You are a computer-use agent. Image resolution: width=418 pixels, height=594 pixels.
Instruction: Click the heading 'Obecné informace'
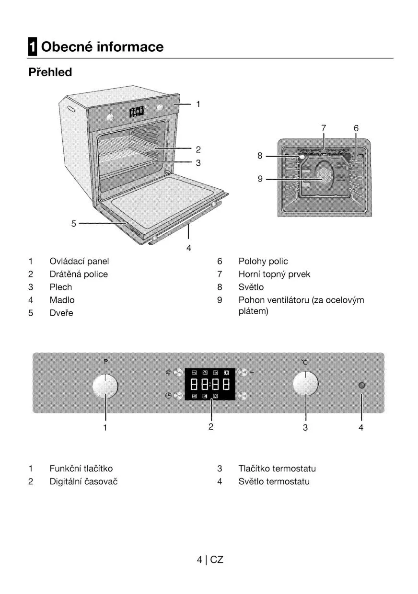[102, 47]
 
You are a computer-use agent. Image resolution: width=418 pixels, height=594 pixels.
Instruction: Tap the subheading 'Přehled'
[50, 72]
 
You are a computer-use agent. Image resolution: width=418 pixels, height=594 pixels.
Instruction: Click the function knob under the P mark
[105, 386]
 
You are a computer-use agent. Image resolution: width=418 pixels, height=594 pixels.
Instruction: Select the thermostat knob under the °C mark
[305, 384]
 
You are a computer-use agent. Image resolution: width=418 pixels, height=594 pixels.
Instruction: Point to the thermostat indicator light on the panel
[361, 386]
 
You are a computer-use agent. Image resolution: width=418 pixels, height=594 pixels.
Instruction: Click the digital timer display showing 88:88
[210, 384]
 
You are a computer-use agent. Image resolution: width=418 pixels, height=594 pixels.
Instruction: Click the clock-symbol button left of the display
[178, 396]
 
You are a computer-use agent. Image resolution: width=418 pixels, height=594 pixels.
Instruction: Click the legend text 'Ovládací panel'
[79, 261]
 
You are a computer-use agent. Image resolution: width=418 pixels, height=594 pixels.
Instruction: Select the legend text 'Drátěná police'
[79, 274]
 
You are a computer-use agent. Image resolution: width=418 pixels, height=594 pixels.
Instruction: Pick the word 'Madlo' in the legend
[62, 300]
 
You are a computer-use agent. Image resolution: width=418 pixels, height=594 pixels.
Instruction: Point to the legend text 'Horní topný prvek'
[274, 274]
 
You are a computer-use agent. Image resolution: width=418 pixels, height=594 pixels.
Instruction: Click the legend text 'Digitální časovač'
[83, 481]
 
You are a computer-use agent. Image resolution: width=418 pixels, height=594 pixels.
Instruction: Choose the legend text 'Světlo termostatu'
[274, 481]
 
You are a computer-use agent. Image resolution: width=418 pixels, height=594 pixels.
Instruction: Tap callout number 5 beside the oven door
[74, 223]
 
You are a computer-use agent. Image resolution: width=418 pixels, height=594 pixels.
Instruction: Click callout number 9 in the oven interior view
[260, 179]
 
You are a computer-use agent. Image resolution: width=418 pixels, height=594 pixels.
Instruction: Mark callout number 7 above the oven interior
[324, 128]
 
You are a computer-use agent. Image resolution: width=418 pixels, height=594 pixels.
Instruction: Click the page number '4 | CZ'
[210, 560]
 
